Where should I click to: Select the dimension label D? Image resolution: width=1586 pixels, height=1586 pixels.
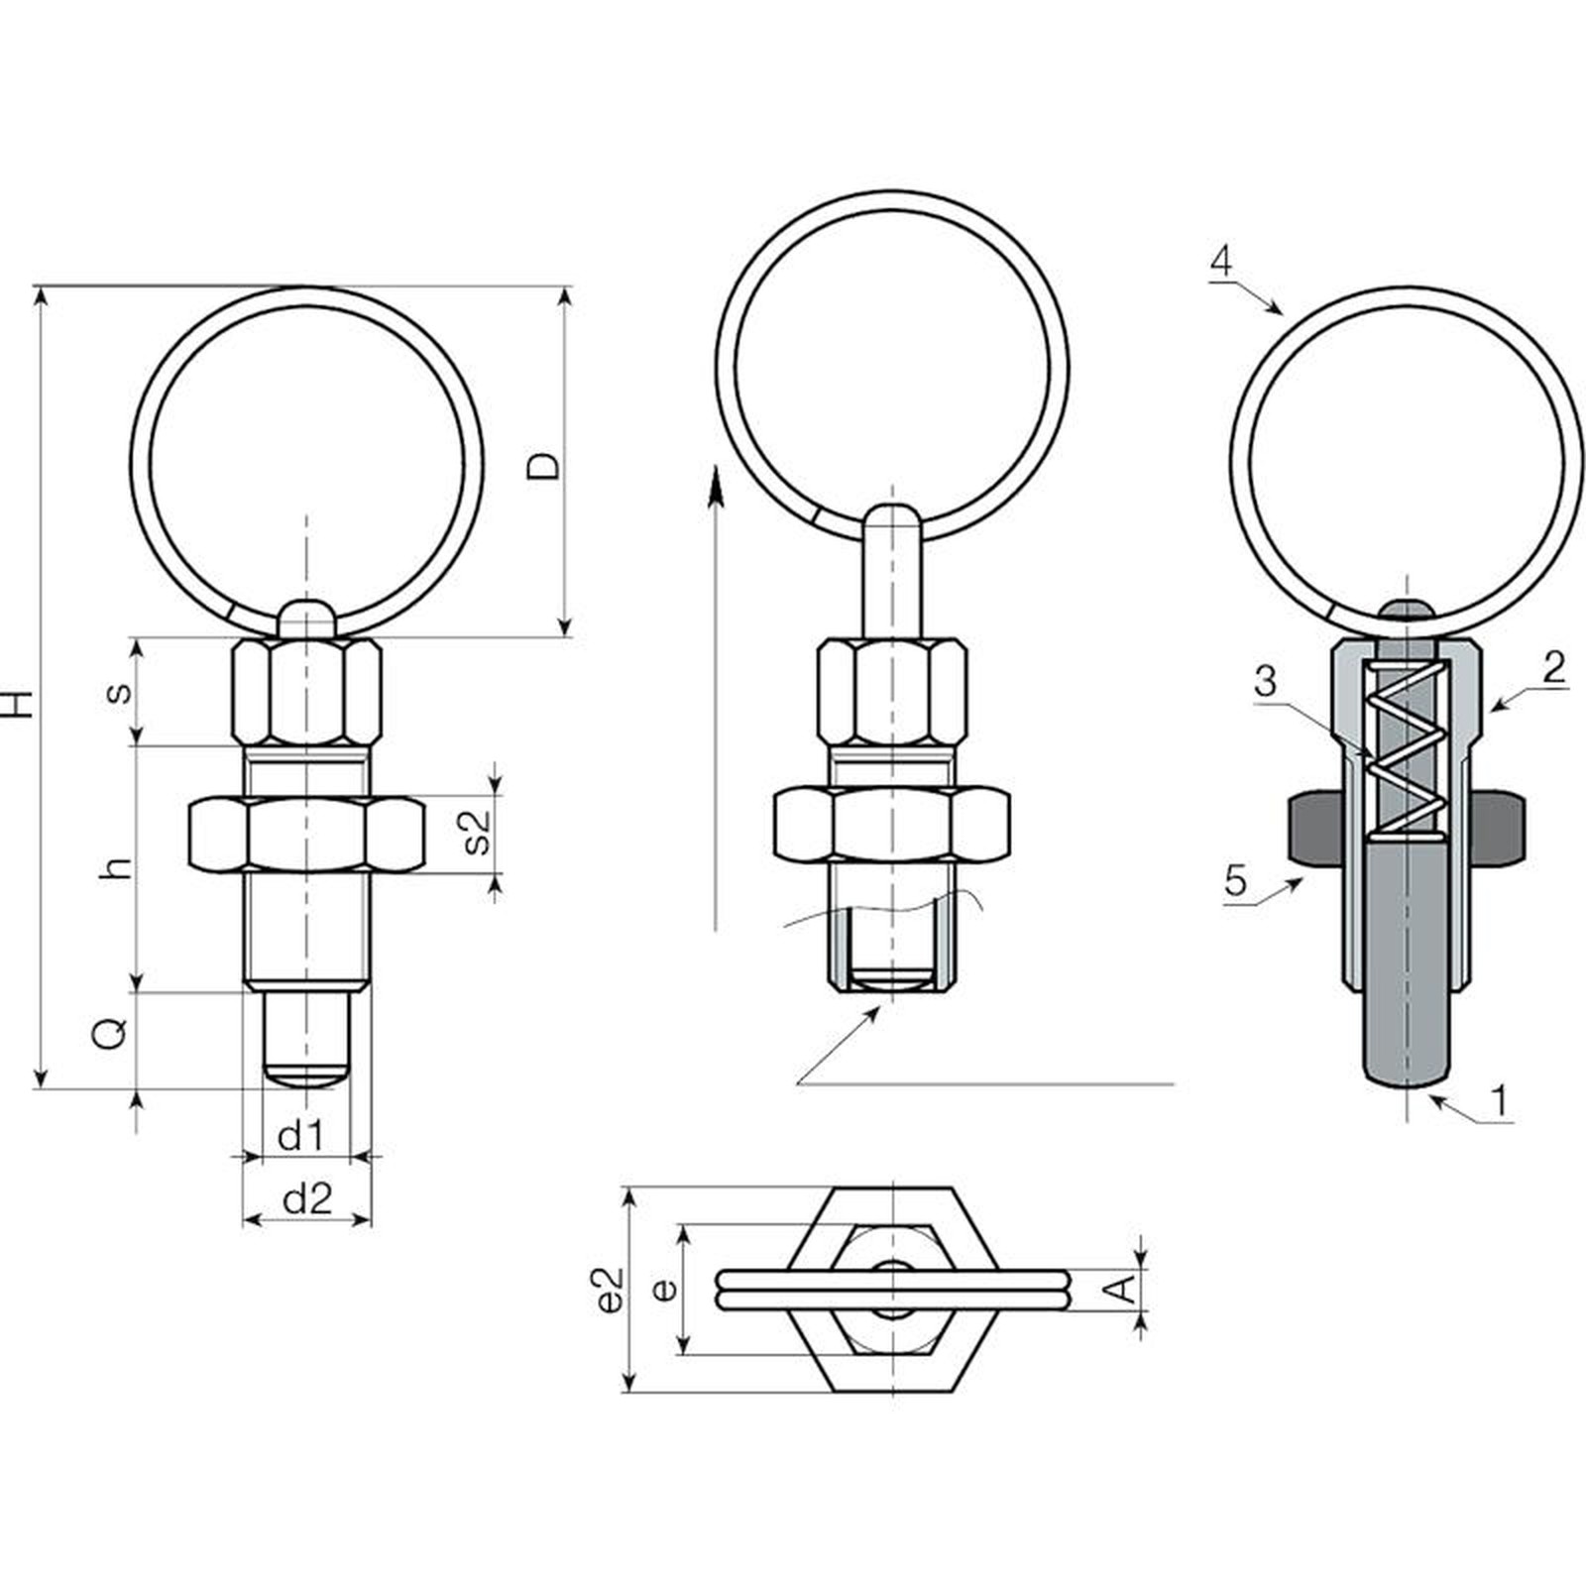coord(543,466)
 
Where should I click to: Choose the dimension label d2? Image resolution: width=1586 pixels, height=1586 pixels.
coord(306,1199)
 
